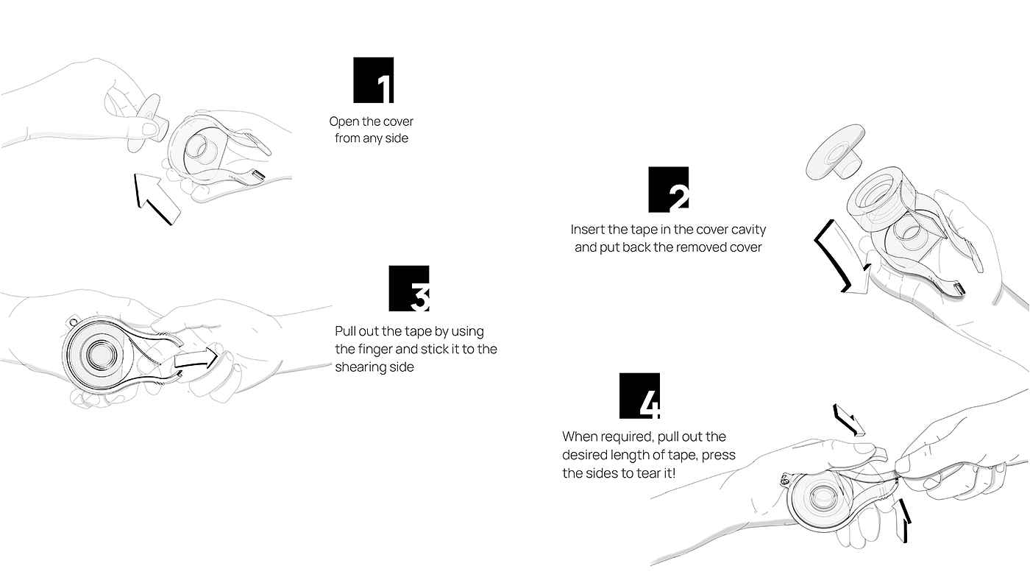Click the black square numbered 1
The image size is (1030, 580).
pyautogui.click(x=374, y=80)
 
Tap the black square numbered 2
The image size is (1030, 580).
pyautogui.click(x=669, y=189)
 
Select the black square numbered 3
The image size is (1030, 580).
pyautogui.click(x=409, y=289)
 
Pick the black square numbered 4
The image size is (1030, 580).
pyautogui.click(x=639, y=395)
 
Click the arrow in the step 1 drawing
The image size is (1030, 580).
pyautogui.click(x=155, y=199)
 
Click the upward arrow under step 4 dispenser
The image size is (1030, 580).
pyautogui.click(x=902, y=520)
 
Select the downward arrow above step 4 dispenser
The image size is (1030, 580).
pyautogui.click(x=848, y=420)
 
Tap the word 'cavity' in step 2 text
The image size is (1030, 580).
pyautogui.click(x=749, y=229)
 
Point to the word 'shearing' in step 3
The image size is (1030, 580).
pyautogui.click(x=360, y=367)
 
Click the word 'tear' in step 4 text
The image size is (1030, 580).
pyautogui.click(x=646, y=473)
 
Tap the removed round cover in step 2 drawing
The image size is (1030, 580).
pyautogui.click(x=834, y=152)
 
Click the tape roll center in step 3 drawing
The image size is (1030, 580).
pyautogui.click(x=101, y=354)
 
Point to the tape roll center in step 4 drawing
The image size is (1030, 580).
pyautogui.click(x=822, y=497)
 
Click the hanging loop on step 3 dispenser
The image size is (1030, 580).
pyautogui.click(x=73, y=320)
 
